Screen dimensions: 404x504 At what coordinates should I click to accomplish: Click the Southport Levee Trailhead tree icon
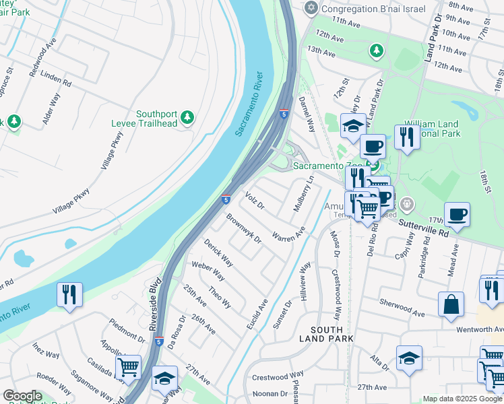pyautogui.click(x=187, y=119)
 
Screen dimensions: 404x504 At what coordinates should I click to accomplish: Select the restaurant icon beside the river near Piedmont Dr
pyautogui.click(x=69, y=295)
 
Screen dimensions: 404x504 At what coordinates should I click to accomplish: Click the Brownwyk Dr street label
pyautogui.click(x=243, y=228)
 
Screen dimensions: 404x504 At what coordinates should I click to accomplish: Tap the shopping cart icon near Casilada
pyautogui.click(x=128, y=367)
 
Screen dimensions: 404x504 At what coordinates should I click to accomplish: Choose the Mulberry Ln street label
pyautogui.click(x=303, y=194)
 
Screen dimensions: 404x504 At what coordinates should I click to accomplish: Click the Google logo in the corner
pyautogui.click(x=22, y=396)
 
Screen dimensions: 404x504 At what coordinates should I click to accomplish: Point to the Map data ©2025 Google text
pyautogui.click(x=462, y=399)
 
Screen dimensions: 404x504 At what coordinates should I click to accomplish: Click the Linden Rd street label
pyautogui.click(x=56, y=81)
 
